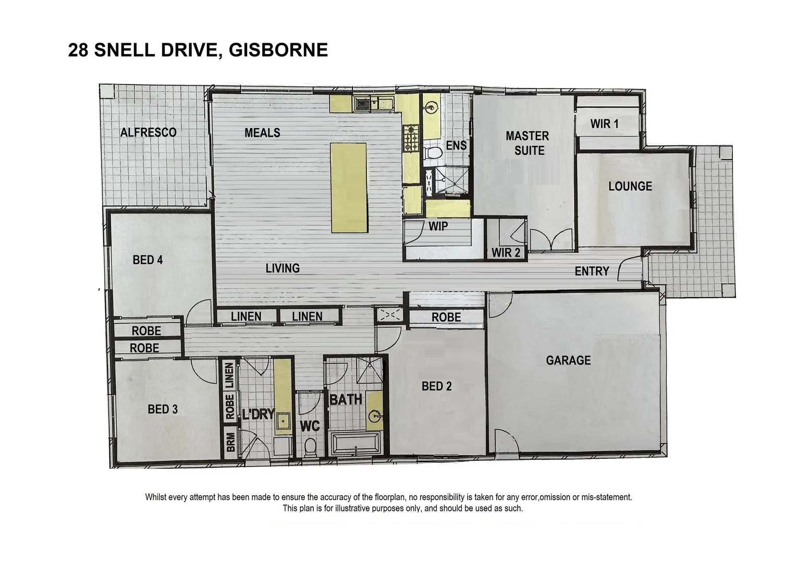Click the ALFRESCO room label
pos(148,132)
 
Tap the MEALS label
pos(262,133)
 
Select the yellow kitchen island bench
pos(349,188)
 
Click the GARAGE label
pos(568,360)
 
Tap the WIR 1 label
pos(604,124)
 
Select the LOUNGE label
pos(630,186)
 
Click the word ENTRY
pos(592,271)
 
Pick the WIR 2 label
pos(506,253)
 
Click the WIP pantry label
pos(438,226)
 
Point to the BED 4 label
pos(148,260)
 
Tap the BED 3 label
pos(163,409)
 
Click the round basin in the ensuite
pos(431,108)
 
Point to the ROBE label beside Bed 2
pos(446,317)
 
